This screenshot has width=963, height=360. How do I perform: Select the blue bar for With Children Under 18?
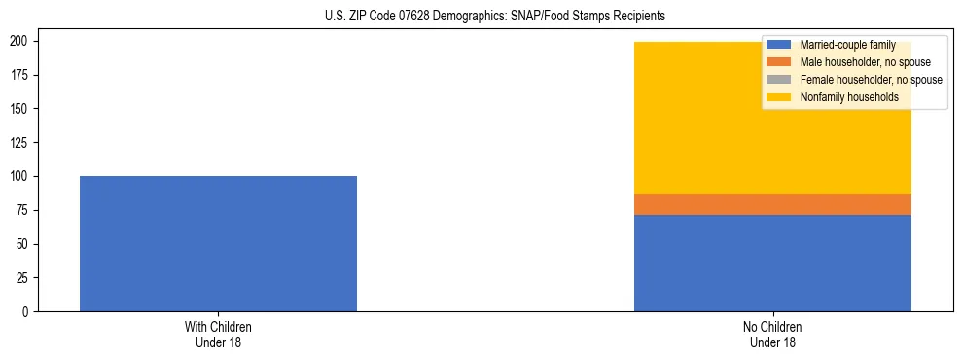[218, 243]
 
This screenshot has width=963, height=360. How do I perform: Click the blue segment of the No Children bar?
[772, 263]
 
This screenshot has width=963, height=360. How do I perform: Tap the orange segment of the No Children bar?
[772, 204]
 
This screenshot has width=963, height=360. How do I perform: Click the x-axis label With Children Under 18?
[218, 334]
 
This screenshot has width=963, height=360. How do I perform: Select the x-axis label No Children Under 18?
[772, 334]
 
